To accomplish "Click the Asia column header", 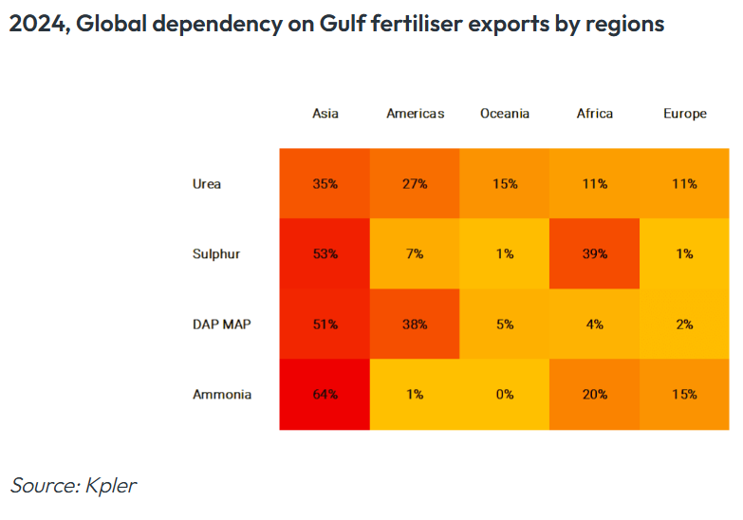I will click(x=325, y=114).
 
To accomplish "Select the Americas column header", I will click(x=415, y=114).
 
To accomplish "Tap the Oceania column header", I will click(x=504, y=114).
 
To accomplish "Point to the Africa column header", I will click(x=594, y=114).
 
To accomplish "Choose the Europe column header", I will click(x=684, y=114).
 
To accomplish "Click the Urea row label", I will click(x=206, y=184).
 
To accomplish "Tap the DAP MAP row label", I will click(x=221, y=324).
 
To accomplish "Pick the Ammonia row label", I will click(x=221, y=394).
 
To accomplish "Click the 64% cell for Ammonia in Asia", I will click(x=325, y=394).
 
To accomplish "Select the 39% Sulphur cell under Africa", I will click(x=594, y=253).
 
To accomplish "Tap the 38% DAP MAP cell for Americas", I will click(x=415, y=324).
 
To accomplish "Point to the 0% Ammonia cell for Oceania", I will click(x=504, y=394).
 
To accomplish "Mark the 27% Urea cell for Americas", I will click(x=415, y=184).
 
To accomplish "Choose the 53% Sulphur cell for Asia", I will click(x=325, y=253).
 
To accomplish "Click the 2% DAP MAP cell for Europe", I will click(x=684, y=324).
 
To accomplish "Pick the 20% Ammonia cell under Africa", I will click(x=594, y=394).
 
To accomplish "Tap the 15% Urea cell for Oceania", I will click(x=504, y=184).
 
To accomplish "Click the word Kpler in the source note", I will click(x=112, y=486).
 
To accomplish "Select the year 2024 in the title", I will click(x=36, y=25).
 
